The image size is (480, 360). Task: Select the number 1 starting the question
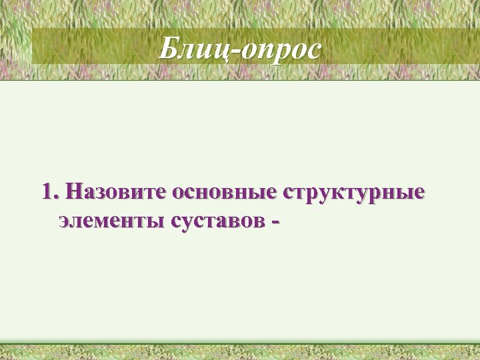tap(47, 193)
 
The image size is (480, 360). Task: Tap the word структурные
tap(353, 193)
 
